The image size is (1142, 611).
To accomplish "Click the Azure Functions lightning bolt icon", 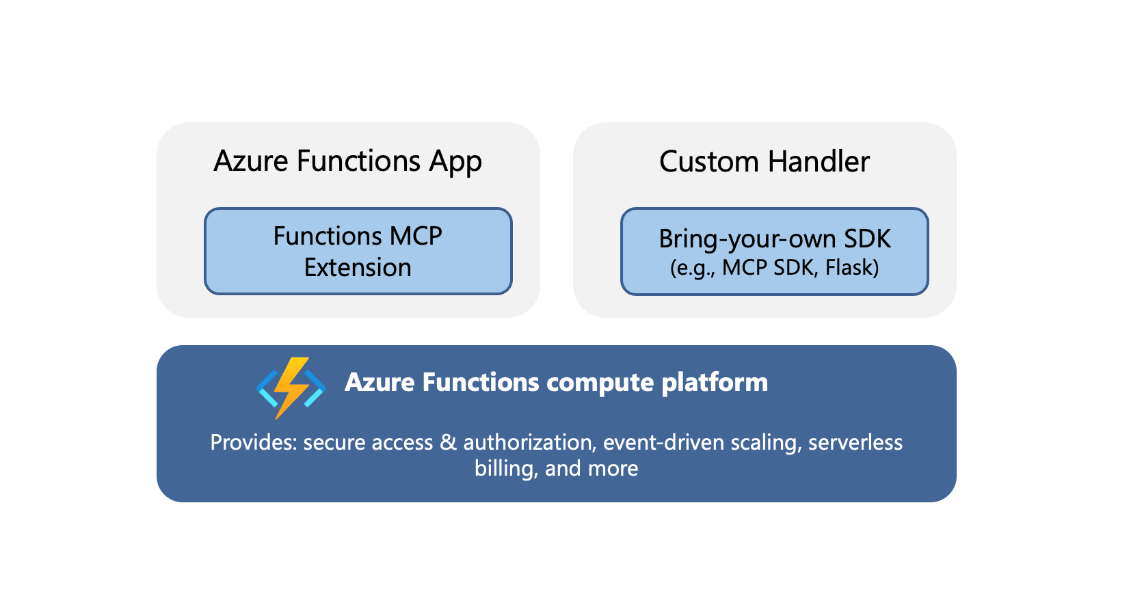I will click(x=291, y=387).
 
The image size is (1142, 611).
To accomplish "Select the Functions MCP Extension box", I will click(x=358, y=252).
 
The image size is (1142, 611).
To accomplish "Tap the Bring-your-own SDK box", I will click(x=774, y=252).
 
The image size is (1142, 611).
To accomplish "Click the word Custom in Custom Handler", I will click(x=708, y=162).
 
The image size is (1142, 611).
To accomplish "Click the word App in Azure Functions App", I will click(x=455, y=163).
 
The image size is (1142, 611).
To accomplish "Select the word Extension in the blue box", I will click(x=358, y=267).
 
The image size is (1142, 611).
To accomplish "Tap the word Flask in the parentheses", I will click(x=849, y=267).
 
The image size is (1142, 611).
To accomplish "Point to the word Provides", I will click(x=253, y=443).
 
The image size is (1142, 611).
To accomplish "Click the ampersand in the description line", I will click(x=448, y=443).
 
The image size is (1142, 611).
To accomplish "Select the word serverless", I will click(x=855, y=443).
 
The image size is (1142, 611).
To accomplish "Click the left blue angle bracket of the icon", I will click(x=267, y=388).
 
